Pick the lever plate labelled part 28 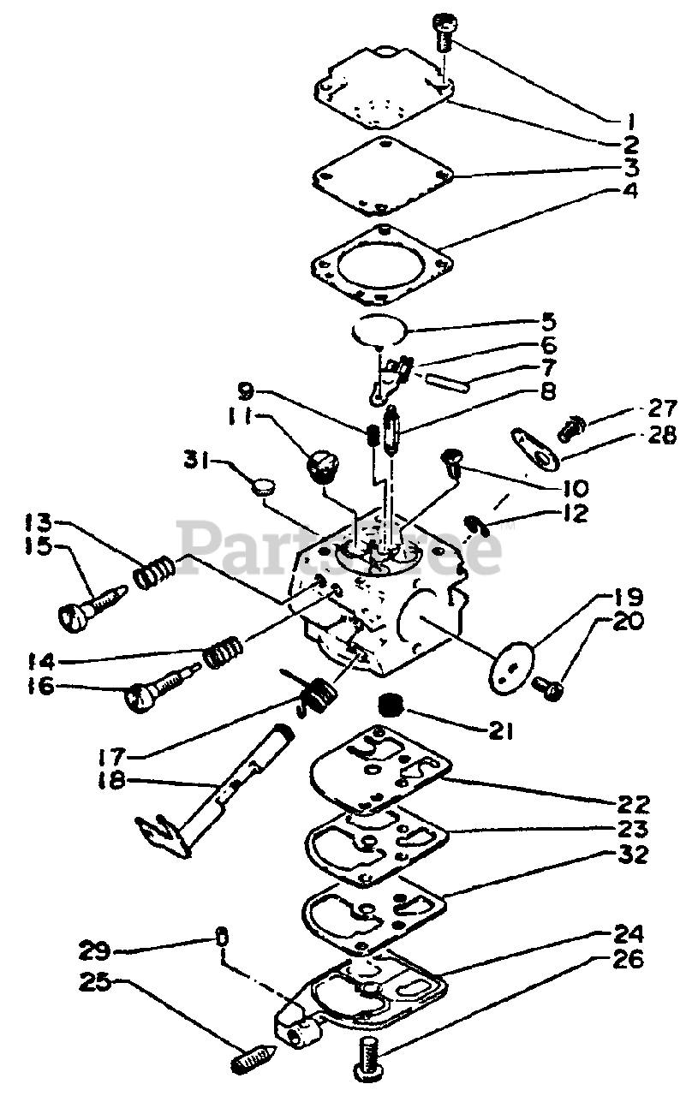pyautogui.click(x=535, y=446)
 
